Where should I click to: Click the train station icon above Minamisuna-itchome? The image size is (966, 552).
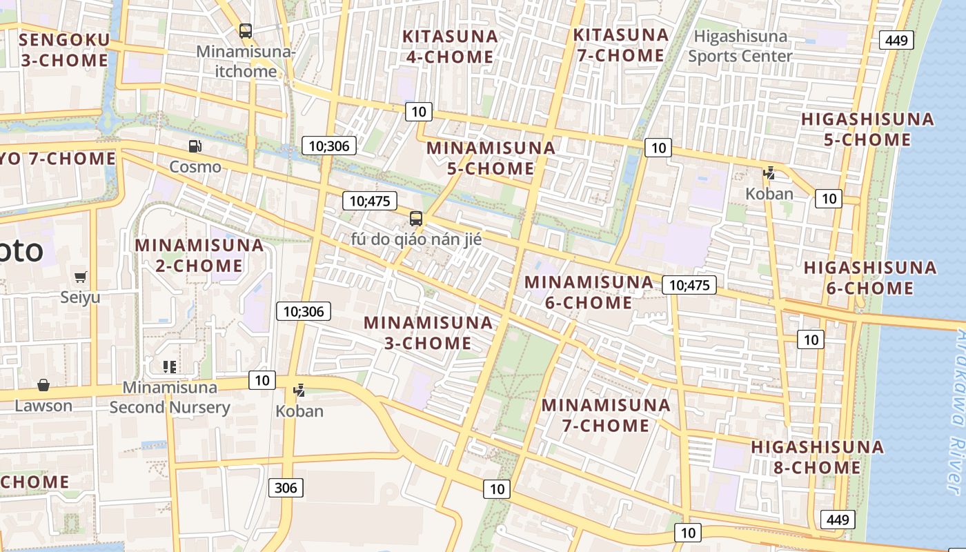point(246,30)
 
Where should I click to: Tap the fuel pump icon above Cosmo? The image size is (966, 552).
point(195,146)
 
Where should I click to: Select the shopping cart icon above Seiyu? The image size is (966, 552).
point(81,277)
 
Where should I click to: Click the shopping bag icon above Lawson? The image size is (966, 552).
point(43,384)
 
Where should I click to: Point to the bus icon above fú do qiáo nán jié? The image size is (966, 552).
point(415,219)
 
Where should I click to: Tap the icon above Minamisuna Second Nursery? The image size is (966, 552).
point(170,366)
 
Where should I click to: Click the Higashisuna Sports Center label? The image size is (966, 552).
point(740,46)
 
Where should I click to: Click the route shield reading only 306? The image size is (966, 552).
point(286,488)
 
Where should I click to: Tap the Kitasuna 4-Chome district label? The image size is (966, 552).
point(450,46)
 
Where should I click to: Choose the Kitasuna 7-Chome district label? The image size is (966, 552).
point(621,45)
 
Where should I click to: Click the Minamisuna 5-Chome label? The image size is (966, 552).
point(491,158)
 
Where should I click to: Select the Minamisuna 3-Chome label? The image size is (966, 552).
point(428,333)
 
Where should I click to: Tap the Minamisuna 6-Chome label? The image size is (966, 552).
point(589,292)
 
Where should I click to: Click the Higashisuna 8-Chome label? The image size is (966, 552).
point(817,457)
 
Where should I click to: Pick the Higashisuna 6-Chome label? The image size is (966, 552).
point(869,277)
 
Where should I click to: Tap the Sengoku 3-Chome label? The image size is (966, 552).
point(64,50)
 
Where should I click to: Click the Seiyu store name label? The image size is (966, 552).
point(80,297)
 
